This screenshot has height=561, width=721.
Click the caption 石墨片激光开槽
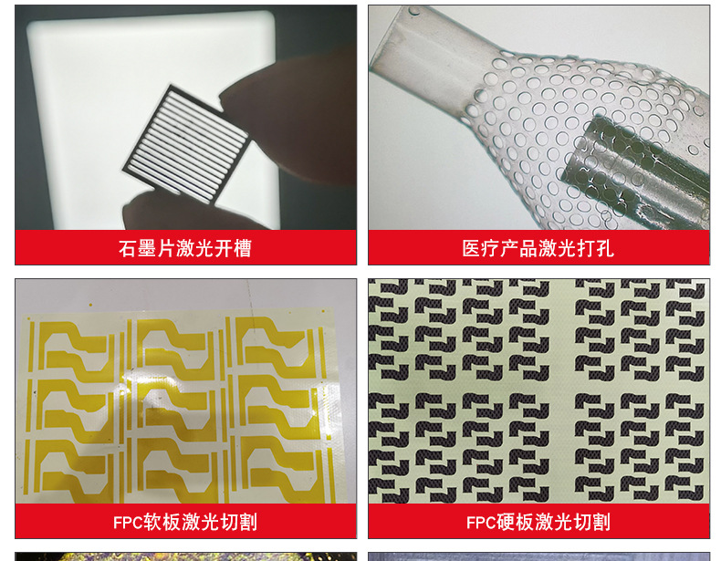(x=185, y=248)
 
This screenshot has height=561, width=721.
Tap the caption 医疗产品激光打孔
(x=538, y=248)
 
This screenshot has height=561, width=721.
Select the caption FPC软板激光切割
(x=185, y=522)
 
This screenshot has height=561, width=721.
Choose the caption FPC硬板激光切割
(x=538, y=522)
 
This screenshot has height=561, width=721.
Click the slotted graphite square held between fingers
(x=187, y=143)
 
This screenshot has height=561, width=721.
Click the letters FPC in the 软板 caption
(x=128, y=523)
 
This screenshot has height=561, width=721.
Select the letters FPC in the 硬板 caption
(x=481, y=523)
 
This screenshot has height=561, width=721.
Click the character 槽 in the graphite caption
(x=243, y=248)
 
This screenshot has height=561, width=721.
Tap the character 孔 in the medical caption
(x=605, y=248)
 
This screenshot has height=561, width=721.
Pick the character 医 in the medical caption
(x=471, y=248)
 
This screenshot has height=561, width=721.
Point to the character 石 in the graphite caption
(x=129, y=248)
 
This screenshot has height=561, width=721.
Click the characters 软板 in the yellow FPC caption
(x=162, y=522)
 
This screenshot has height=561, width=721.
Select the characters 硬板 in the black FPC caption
(x=515, y=522)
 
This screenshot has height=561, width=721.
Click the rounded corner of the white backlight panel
(x=266, y=18)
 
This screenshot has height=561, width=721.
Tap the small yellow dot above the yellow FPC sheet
(x=90, y=304)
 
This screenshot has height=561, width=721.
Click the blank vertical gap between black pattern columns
(x=562, y=390)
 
